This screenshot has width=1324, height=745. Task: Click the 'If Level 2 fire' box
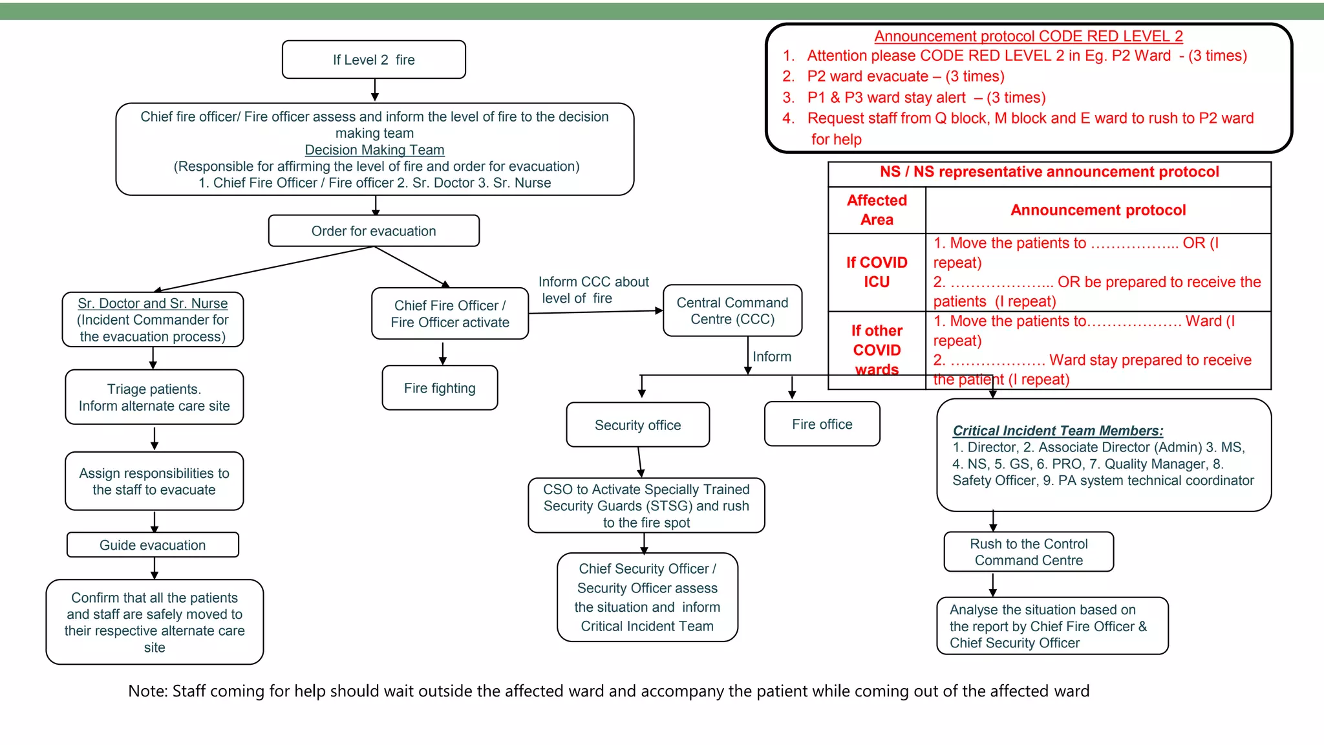[x=374, y=59]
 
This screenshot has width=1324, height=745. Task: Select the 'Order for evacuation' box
[x=374, y=231]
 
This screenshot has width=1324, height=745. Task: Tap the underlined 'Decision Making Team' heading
[x=374, y=149]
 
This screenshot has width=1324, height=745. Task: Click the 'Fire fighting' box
[x=440, y=388]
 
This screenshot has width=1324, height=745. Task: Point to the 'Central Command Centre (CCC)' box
[x=732, y=310]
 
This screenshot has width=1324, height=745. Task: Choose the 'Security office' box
[x=637, y=425]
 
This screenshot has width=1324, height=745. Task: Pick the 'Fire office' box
[x=822, y=424]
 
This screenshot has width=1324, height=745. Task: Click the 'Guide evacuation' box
[x=153, y=545]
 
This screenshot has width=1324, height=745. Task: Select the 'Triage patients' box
[x=154, y=397]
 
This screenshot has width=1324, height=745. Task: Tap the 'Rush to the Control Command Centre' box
[x=1029, y=552]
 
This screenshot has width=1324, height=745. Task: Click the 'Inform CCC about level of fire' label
[x=593, y=290]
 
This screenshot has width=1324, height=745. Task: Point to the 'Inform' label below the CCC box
[x=771, y=356]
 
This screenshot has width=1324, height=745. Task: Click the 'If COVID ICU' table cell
[x=877, y=272]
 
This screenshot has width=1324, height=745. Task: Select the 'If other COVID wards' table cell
[x=877, y=350]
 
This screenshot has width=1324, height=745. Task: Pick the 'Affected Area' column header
[x=877, y=210]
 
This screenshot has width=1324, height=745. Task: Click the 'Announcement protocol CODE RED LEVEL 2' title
[x=1028, y=36]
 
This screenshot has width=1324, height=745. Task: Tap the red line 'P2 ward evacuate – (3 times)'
[x=905, y=76]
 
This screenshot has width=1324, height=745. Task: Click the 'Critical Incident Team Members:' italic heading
[x=1058, y=431]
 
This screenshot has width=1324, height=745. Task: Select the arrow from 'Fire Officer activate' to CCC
[x=595, y=312]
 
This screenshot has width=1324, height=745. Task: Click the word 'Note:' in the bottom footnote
[x=148, y=691]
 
